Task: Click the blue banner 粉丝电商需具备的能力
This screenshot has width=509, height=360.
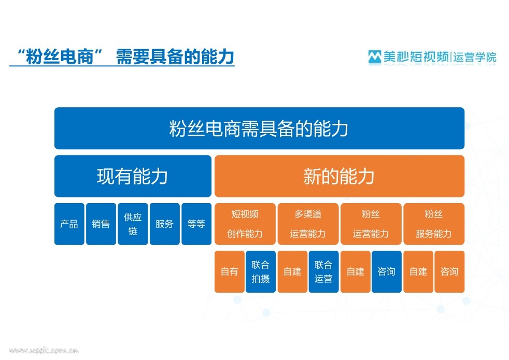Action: click(x=259, y=128)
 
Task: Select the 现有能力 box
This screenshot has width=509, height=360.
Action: click(x=133, y=176)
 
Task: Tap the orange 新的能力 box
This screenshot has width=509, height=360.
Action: click(x=340, y=176)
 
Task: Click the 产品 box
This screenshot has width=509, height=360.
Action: click(x=69, y=224)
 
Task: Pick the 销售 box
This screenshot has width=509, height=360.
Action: click(x=101, y=224)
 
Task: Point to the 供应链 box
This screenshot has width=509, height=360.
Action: click(x=133, y=224)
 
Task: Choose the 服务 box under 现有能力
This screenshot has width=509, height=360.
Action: click(x=165, y=224)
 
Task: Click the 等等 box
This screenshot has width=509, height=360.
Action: click(x=196, y=224)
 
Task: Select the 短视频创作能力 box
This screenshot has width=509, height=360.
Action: click(x=245, y=224)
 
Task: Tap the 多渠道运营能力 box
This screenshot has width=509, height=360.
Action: click(x=308, y=224)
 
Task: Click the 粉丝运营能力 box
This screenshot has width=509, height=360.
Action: click(x=371, y=224)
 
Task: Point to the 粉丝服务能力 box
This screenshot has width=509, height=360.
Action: click(x=434, y=224)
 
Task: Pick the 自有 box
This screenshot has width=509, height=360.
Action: click(x=230, y=271)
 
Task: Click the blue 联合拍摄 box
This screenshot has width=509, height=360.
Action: click(x=261, y=271)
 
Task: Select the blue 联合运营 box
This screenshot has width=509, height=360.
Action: click(x=323, y=271)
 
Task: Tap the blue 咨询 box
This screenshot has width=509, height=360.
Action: click(x=387, y=271)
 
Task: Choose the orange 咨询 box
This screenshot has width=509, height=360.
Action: click(x=449, y=271)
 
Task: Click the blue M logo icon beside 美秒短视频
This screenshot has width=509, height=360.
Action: click(x=375, y=57)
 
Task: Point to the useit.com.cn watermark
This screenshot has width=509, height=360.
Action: click(x=44, y=350)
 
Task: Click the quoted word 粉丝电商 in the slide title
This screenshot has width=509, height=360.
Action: click(x=60, y=56)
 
